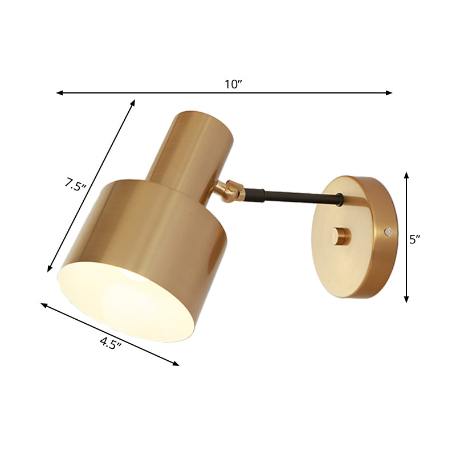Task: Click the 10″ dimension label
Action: pos(233,84)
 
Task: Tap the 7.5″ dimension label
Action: pos(75,185)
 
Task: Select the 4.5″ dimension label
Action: pos(112,343)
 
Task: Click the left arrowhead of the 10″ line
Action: pos(59,92)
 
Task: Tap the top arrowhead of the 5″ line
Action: pos(406,174)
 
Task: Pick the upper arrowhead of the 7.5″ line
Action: pos(133,103)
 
